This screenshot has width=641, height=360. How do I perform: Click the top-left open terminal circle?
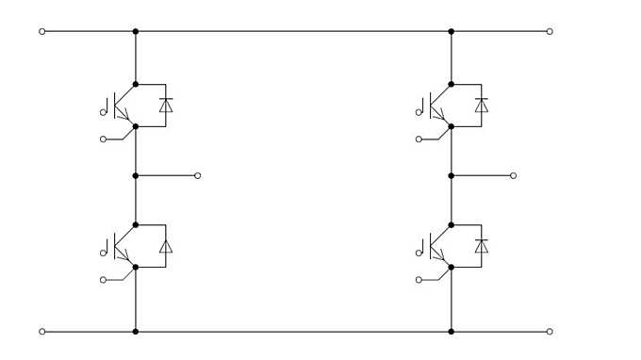tap(41, 31)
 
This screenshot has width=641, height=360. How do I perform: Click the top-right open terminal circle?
tap(550, 31)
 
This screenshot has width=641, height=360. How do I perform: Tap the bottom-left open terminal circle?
tap(41, 332)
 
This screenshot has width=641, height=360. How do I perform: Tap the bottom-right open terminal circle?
tap(550, 332)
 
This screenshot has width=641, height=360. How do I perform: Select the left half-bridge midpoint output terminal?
tap(197, 175)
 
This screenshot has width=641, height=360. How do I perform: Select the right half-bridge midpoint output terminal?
tap(513, 175)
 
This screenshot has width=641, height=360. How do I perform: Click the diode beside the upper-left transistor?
tap(166, 105)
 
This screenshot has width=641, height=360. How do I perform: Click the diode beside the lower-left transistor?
tap(166, 246)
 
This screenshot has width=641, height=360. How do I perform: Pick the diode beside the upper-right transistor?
tap(482, 105)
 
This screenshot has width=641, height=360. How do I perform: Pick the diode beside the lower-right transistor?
tap(482, 246)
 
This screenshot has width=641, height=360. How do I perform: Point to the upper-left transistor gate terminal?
tap(103, 112)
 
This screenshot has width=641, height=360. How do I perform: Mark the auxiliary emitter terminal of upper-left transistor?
tap(103, 139)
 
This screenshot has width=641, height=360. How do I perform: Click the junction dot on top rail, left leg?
tap(136, 31)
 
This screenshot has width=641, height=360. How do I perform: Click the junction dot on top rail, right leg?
tap(452, 31)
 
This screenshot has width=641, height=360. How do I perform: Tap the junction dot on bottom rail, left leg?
tap(136, 332)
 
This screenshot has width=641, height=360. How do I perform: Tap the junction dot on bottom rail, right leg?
tap(452, 332)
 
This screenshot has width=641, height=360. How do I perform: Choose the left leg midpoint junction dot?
tap(136, 175)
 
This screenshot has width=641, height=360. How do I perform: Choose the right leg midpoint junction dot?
tap(452, 175)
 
